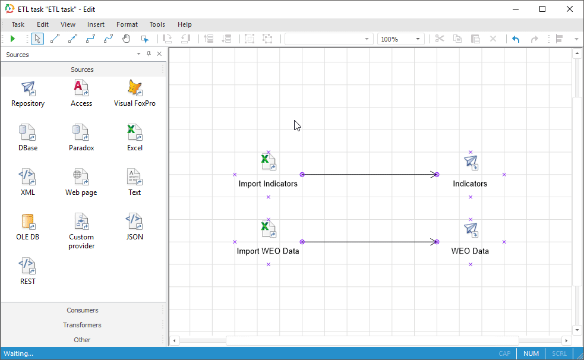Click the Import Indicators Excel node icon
pyautogui.click(x=268, y=162)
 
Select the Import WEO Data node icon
pyautogui.click(x=268, y=229)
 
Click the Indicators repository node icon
pyautogui.click(x=471, y=162)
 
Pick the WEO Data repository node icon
pyautogui.click(x=471, y=229)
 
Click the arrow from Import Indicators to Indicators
pyautogui.click(x=369, y=175)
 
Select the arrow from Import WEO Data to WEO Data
pyautogui.click(x=369, y=242)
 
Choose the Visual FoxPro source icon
pyautogui.click(x=135, y=89)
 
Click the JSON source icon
pyautogui.click(x=135, y=222)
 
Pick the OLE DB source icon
pyautogui.click(x=28, y=222)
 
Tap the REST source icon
pyautogui.click(x=28, y=267)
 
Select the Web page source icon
pyautogui.click(x=81, y=178)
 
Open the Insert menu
pyautogui.click(x=96, y=24)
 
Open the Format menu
pyautogui.click(x=127, y=24)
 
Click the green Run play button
pyautogui.click(x=12, y=39)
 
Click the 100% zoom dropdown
pyautogui.click(x=401, y=39)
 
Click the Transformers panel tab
pyautogui.click(x=82, y=325)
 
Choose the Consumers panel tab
pyautogui.click(x=82, y=310)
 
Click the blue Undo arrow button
pyautogui.click(x=516, y=39)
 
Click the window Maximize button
pyautogui.click(x=542, y=9)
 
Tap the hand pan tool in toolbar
pyautogui.click(x=126, y=39)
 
